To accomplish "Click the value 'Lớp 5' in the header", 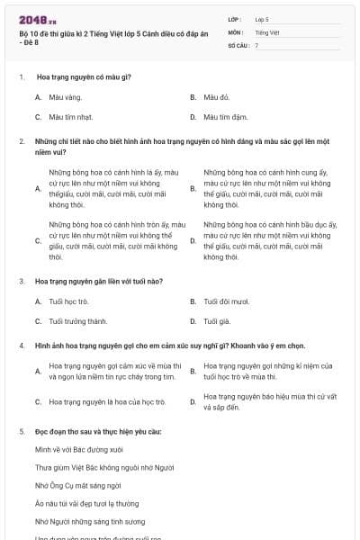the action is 262,18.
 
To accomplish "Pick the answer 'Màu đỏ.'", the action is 217,96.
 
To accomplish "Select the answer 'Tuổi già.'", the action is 217,321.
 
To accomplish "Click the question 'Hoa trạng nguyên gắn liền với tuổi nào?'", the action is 99,281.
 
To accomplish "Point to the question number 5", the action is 21,432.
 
